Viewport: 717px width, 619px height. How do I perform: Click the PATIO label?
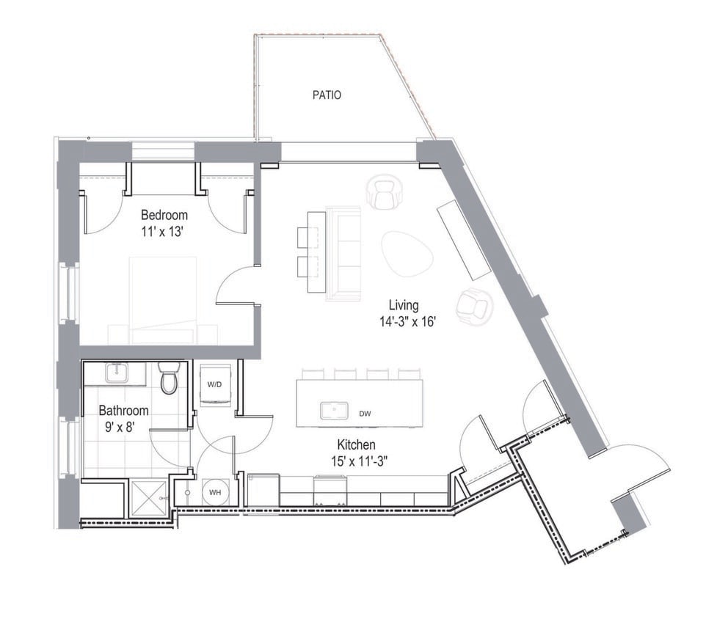coord(327,95)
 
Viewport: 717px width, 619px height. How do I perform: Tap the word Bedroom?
coord(164,215)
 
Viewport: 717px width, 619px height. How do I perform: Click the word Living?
coord(404,305)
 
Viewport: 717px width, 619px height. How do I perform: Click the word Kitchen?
coord(357,444)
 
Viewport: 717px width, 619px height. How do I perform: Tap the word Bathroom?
coord(124,411)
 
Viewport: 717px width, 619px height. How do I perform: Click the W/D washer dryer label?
coord(214,384)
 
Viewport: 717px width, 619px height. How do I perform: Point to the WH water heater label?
coord(216,492)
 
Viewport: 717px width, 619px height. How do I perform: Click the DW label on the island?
coord(365,414)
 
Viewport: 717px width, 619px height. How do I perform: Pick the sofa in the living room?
coord(344,253)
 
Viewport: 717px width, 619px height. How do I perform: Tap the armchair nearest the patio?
coord(384,192)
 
